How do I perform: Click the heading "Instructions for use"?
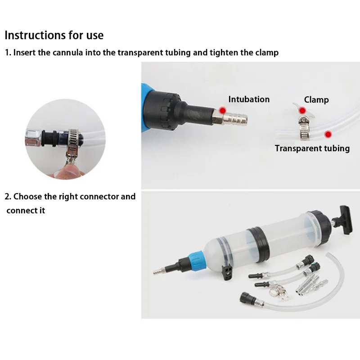(54, 35)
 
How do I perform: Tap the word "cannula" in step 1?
(68, 53)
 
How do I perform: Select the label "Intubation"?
(249, 99)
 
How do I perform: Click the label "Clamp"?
(316, 99)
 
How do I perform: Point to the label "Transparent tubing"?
(312, 148)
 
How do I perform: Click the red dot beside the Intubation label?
(222, 110)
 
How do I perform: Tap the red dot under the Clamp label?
(302, 111)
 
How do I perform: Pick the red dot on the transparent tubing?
(328, 134)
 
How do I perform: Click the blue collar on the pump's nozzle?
(196, 261)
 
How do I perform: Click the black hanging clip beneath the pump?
(227, 272)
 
